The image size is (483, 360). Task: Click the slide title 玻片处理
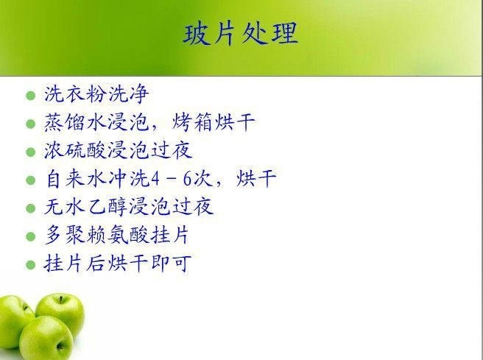click(240, 34)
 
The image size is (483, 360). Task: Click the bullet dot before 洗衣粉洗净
click(30, 96)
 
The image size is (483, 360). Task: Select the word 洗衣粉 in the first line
click(76, 93)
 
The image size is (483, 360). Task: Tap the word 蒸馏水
click(75, 122)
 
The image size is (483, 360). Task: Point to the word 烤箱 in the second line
click(191, 122)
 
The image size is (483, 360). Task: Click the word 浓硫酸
click(75, 150)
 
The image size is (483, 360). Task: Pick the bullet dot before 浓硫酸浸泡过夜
click(30, 152)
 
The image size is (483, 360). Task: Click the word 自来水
click(76, 179)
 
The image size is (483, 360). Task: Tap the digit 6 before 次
click(188, 179)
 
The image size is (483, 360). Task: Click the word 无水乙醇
click(86, 207)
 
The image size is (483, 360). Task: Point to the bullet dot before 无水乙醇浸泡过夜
click(30, 208)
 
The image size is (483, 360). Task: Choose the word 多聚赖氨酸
click(96, 235)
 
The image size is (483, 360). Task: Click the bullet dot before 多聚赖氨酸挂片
click(30, 236)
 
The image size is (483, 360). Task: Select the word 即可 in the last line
click(171, 264)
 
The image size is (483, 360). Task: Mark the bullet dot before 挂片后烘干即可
click(30, 265)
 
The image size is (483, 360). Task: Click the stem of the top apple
click(61, 299)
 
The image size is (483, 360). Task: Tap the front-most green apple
click(46, 338)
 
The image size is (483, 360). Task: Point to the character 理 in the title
click(285, 34)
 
